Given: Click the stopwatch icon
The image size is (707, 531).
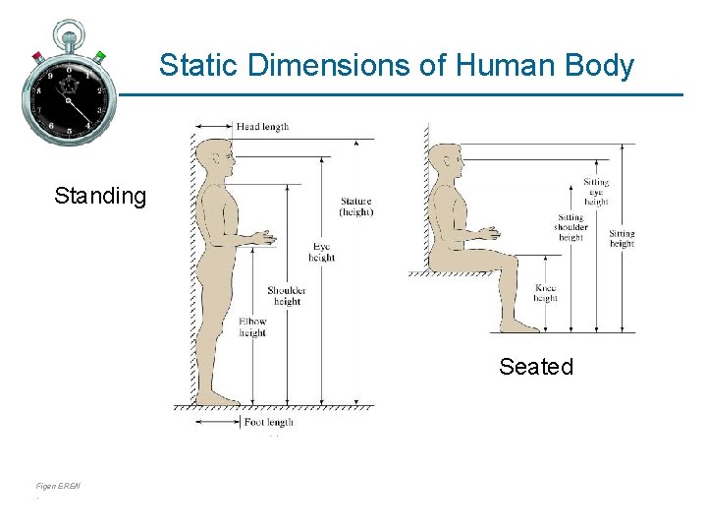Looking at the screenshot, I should click(68, 84).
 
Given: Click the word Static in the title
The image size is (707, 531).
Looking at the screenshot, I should click(200, 66).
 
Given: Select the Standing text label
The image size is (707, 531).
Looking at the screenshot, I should click(100, 196).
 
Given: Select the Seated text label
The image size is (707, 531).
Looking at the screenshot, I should click(535, 367).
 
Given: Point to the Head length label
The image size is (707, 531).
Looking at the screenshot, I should click(262, 127).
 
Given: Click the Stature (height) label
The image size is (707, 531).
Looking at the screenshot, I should click(355, 206).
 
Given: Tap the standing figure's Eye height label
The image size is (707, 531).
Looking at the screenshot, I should click(321, 253).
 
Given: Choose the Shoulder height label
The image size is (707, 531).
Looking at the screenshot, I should click(287, 296).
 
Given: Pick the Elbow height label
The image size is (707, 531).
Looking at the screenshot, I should click(252, 327).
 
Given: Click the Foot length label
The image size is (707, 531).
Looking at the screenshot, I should click(268, 423).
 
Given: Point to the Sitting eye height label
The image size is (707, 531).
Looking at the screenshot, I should click(596, 192).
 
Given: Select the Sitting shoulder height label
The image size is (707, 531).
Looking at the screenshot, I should click(570, 227).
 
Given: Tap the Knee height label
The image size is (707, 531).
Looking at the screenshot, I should click(546, 293).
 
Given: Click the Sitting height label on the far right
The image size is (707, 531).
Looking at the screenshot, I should click(622, 238).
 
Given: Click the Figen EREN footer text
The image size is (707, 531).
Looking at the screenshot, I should click(58, 487).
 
